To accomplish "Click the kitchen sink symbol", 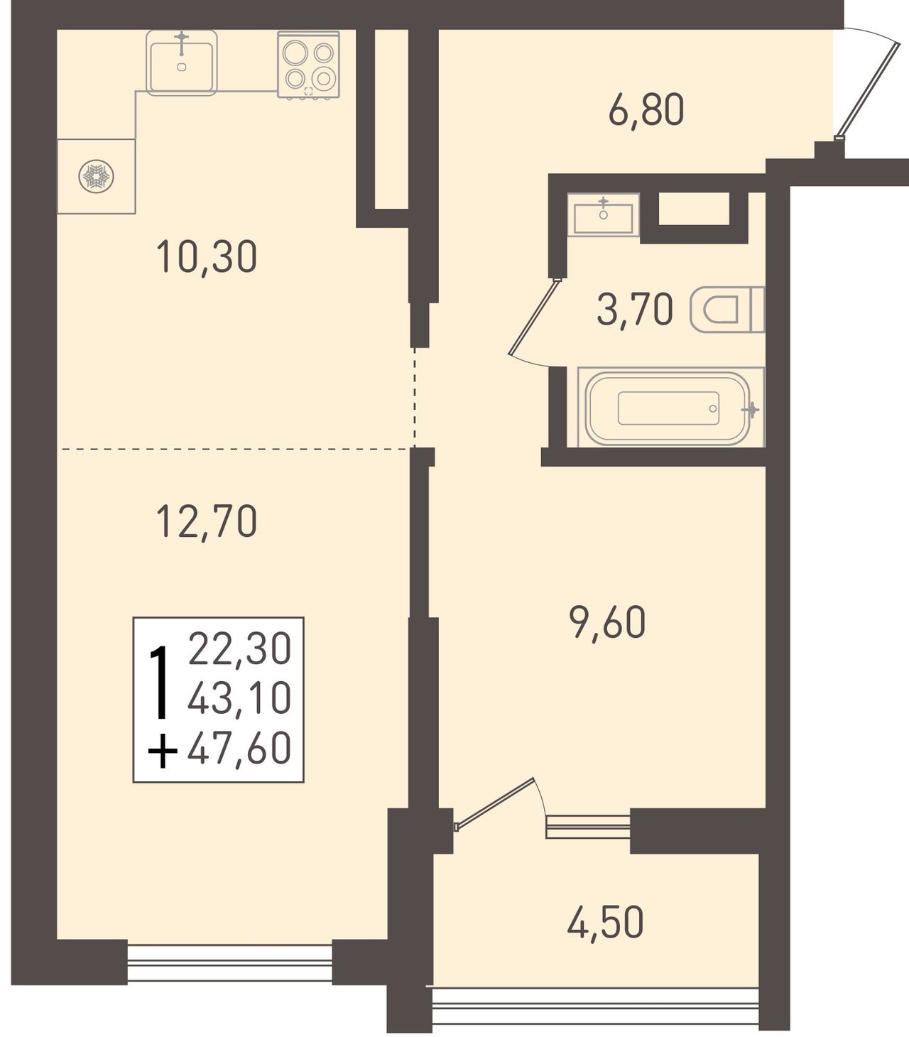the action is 181,63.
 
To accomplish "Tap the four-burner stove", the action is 309,65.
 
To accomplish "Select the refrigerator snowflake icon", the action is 96,177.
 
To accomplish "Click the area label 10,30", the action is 207,257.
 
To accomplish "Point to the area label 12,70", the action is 207,521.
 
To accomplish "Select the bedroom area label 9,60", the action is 607,622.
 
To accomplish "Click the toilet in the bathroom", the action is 727,310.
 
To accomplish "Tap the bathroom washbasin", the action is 604,215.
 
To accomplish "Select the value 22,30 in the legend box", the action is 239,648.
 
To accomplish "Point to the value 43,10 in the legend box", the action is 239,699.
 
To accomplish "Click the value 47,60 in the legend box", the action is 239,748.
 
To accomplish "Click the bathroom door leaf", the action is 534,316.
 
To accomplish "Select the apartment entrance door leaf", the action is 869,91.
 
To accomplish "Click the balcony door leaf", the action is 494,803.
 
